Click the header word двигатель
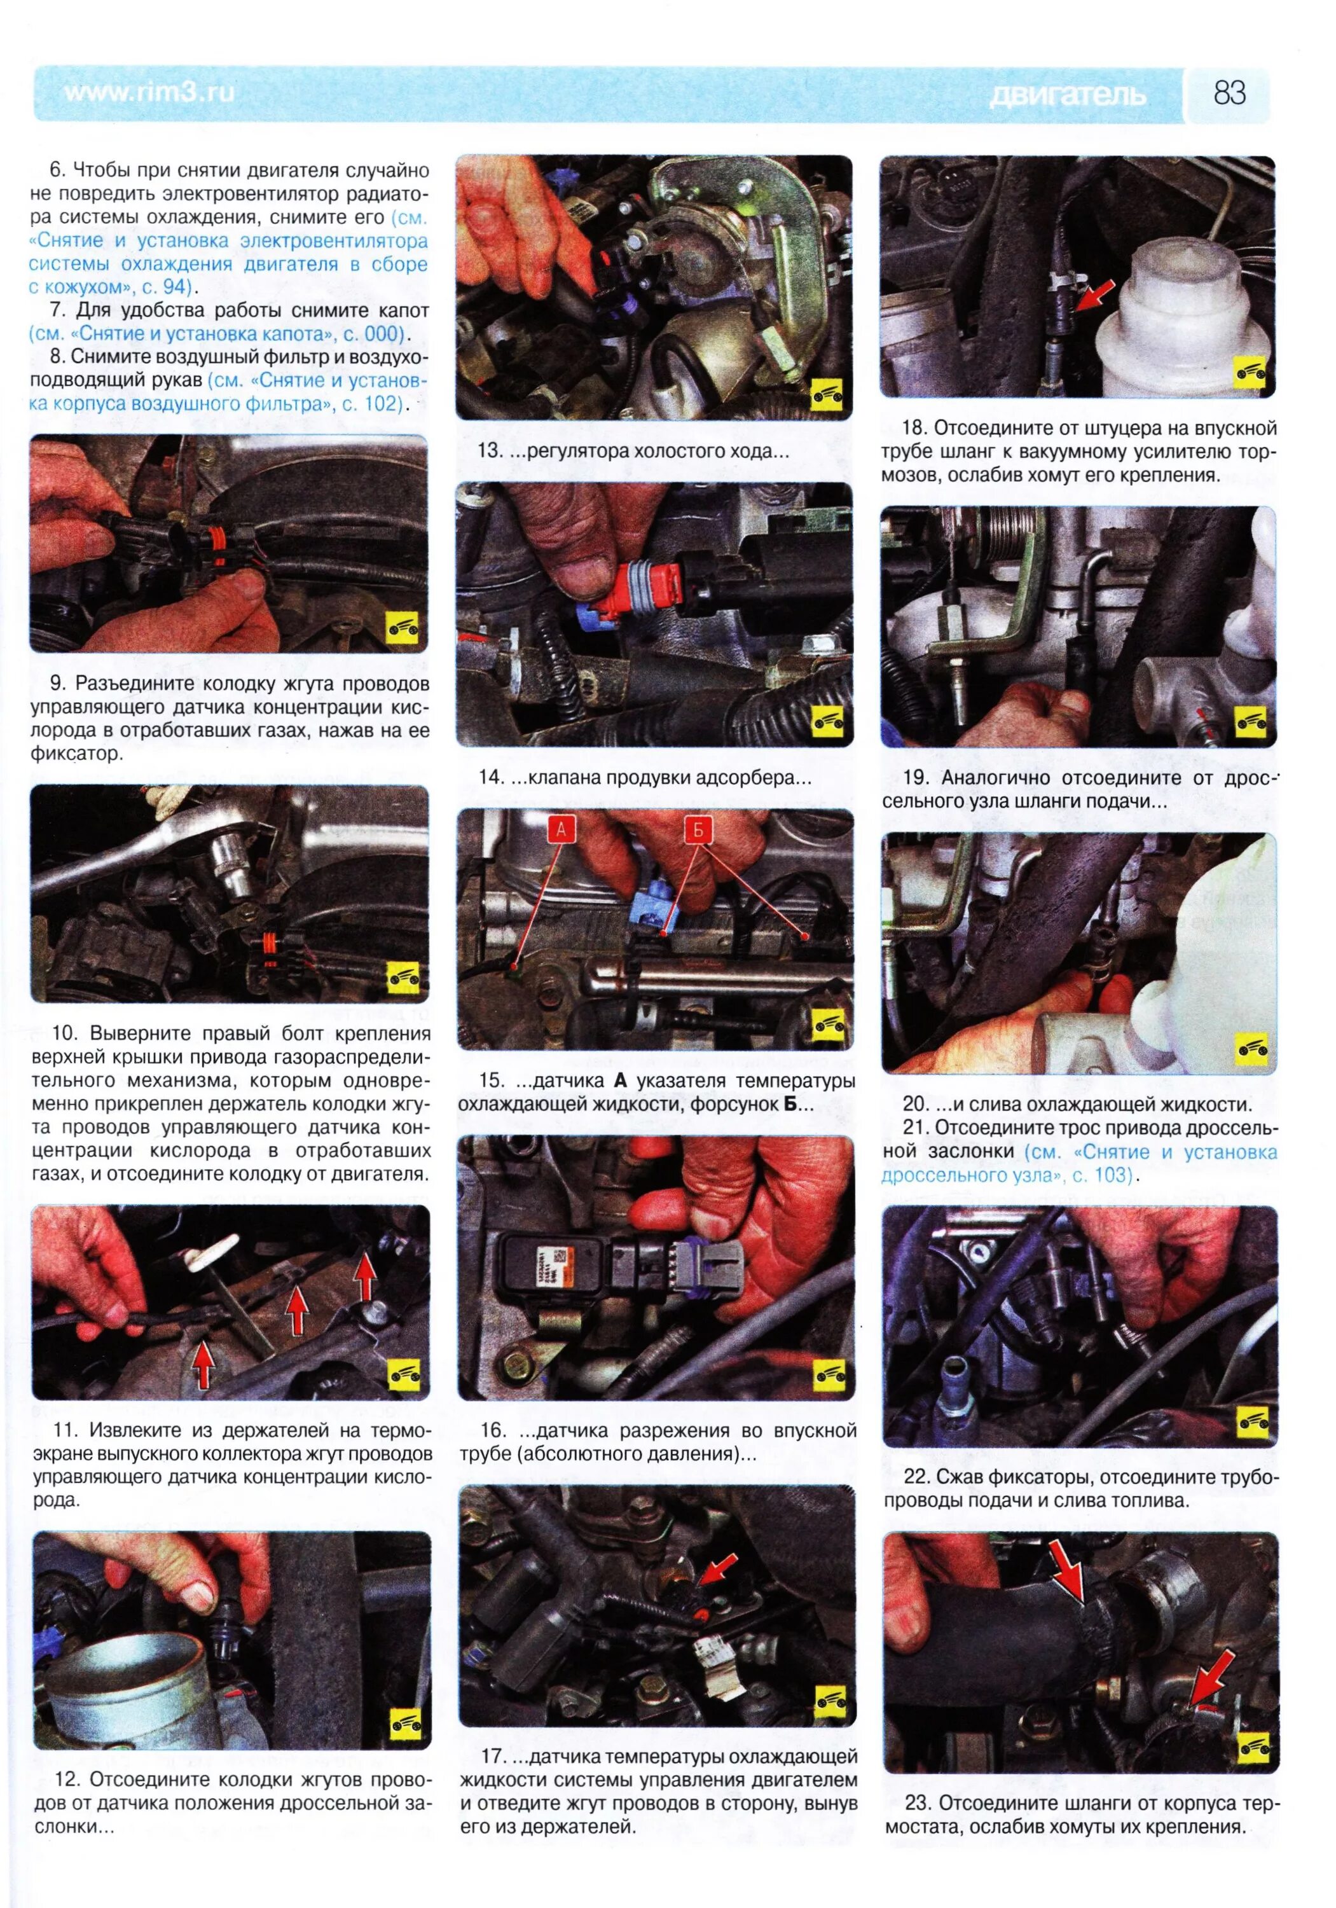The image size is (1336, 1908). click(1068, 95)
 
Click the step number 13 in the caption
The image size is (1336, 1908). click(490, 451)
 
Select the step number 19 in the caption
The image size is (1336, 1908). click(915, 778)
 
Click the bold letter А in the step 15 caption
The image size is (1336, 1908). click(618, 1081)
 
